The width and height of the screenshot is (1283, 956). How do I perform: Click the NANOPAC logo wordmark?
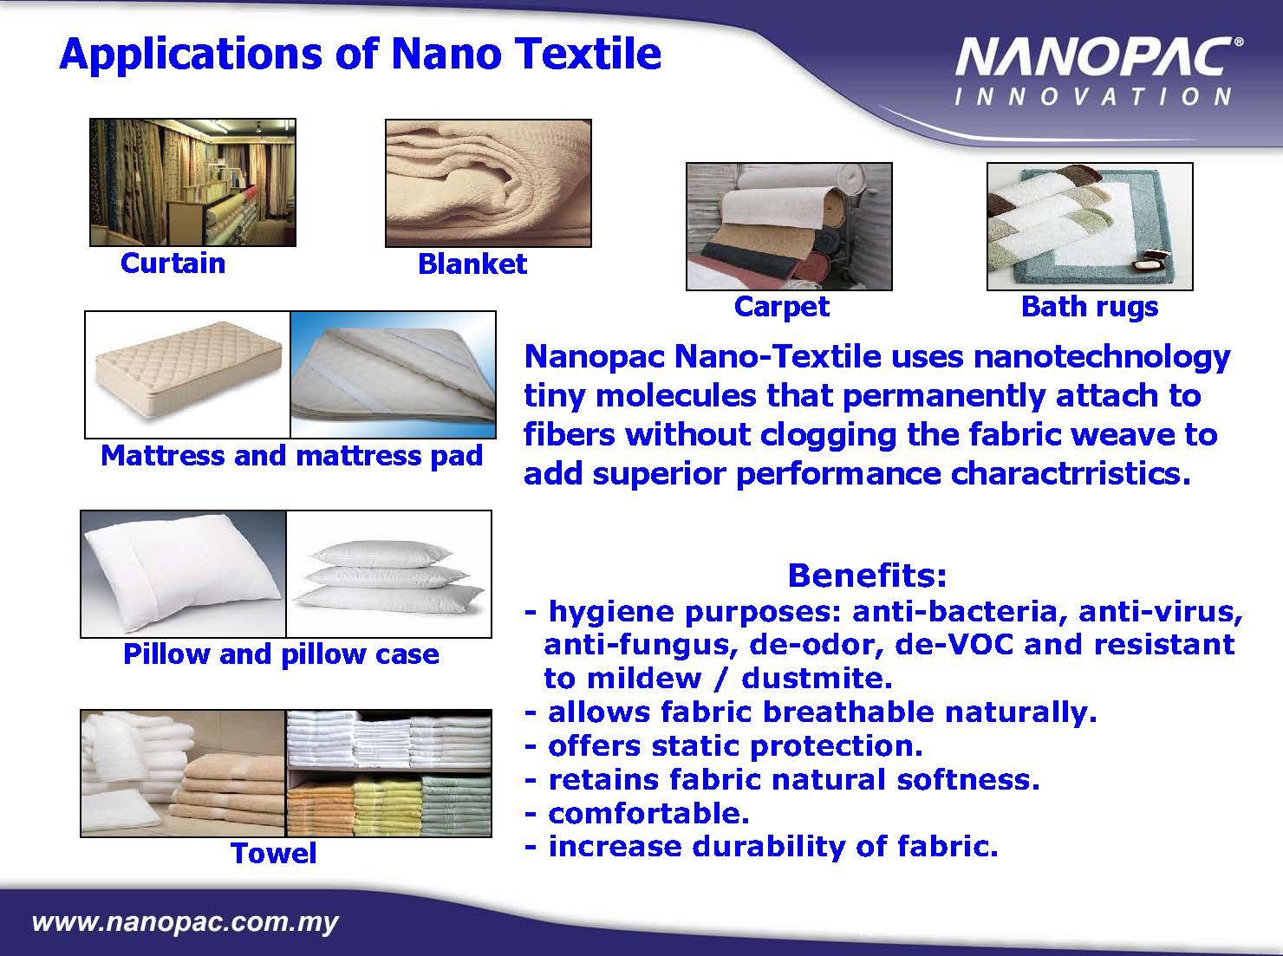[1099, 56]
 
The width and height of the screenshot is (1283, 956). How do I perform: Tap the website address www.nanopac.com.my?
[186, 922]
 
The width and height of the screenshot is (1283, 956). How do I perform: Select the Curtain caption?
[173, 263]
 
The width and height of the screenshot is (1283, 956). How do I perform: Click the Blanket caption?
[472, 263]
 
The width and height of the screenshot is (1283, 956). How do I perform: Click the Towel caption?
[274, 853]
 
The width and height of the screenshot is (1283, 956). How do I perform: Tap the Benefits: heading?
[868, 576]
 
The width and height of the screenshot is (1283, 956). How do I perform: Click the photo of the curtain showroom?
[193, 182]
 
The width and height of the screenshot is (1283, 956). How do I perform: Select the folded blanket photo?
[488, 183]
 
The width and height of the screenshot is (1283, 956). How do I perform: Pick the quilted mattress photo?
[187, 374]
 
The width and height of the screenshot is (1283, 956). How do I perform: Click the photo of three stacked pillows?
[388, 574]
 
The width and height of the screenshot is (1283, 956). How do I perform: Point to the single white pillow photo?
[184, 574]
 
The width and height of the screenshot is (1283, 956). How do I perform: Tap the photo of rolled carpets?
[789, 227]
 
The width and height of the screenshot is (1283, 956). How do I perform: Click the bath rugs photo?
[1090, 227]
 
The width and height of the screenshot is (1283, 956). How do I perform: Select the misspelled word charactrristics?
[1071, 473]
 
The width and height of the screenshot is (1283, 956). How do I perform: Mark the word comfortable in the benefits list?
[648, 813]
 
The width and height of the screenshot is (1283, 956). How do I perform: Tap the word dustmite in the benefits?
[817, 679]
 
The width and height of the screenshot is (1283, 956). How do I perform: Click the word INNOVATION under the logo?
[1093, 97]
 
